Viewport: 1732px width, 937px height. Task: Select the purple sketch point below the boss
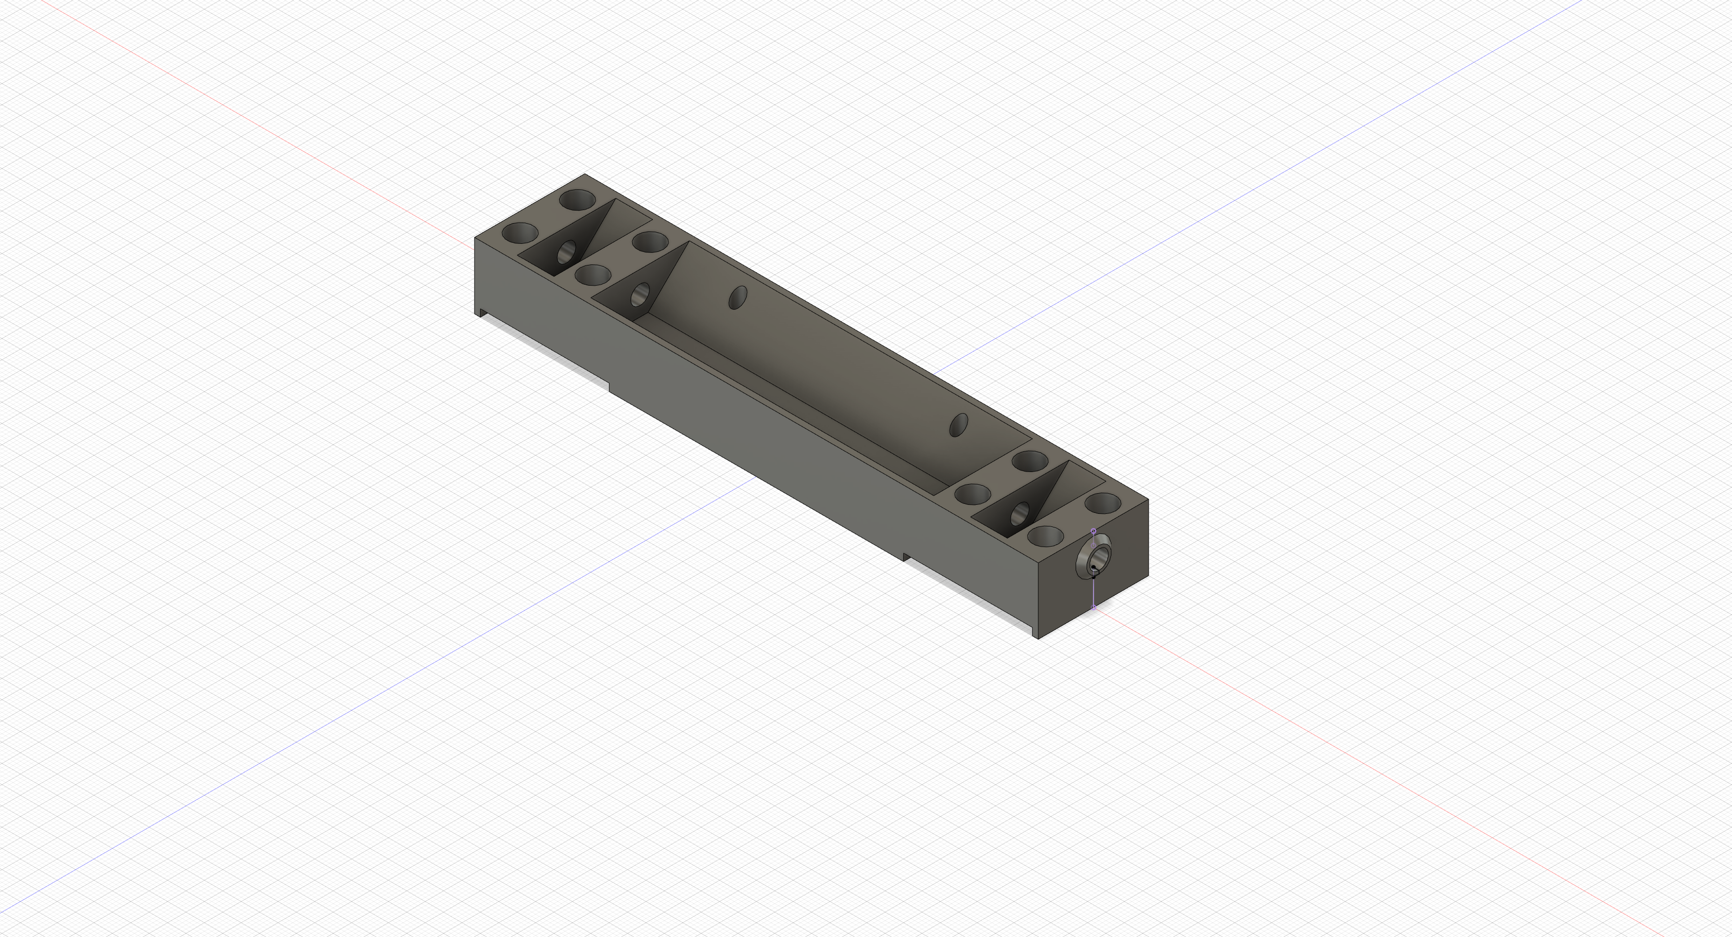(1094, 607)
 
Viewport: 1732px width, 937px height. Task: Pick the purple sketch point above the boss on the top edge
(1093, 531)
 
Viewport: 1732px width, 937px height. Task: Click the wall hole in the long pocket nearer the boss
(958, 425)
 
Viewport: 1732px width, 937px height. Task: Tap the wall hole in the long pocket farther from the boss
(738, 297)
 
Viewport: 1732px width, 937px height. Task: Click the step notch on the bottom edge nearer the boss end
(904, 557)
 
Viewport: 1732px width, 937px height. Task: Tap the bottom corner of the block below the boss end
(1039, 638)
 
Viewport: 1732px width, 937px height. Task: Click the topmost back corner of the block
(585, 174)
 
